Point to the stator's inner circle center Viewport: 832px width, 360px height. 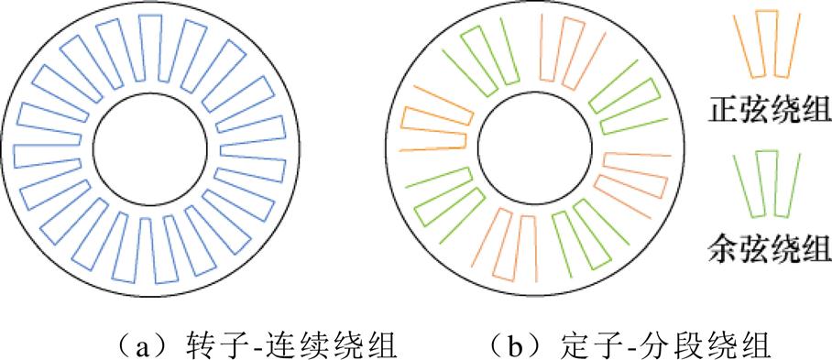[533, 150]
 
